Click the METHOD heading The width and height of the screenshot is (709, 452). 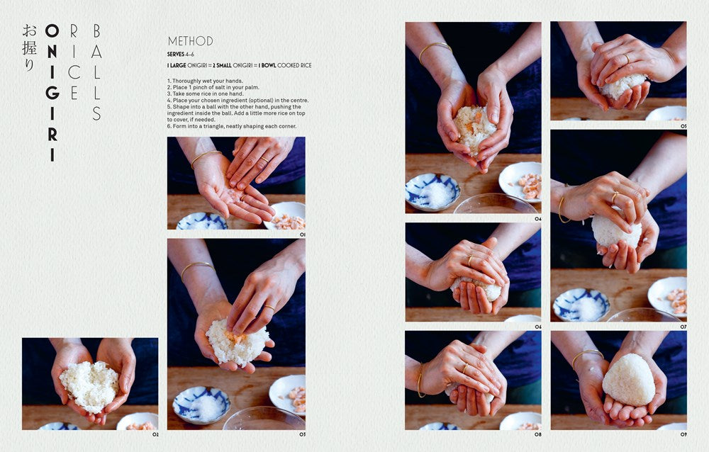point(190,41)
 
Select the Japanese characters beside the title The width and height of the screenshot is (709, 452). point(28,48)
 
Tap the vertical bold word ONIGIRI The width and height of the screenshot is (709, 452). point(52,92)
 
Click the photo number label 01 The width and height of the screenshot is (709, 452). point(302,234)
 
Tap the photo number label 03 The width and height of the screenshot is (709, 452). point(302,434)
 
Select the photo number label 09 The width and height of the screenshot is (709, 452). point(683,434)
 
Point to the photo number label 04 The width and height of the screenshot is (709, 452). point(537,219)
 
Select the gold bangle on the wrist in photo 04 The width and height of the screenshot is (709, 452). point(434,48)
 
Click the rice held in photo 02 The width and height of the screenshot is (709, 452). point(89,385)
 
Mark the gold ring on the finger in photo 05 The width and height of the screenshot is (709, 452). point(626,57)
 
